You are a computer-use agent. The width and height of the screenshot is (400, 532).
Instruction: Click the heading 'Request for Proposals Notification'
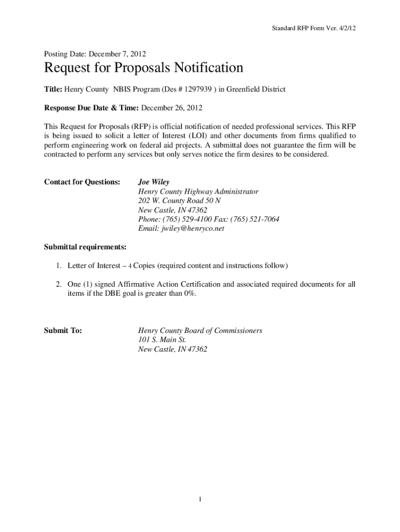click(x=143, y=69)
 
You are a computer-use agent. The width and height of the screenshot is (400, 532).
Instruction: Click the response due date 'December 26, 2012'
click(x=171, y=108)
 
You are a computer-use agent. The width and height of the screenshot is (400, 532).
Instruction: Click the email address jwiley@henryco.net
click(x=181, y=229)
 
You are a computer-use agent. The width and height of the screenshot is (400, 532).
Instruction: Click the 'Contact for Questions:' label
click(x=82, y=182)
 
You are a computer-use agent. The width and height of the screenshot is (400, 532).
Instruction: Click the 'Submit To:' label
click(x=63, y=330)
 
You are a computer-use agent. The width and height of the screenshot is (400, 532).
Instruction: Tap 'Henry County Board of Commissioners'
click(x=200, y=330)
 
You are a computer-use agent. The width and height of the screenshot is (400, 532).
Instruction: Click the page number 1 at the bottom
click(x=199, y=500)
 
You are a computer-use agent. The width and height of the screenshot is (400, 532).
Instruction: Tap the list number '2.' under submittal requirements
click(x=59, y=284)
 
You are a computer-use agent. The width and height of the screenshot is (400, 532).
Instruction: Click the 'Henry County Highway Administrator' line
click(x=198, y=192)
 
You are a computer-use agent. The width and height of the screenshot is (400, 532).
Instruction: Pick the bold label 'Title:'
click(x=53, y=89)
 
